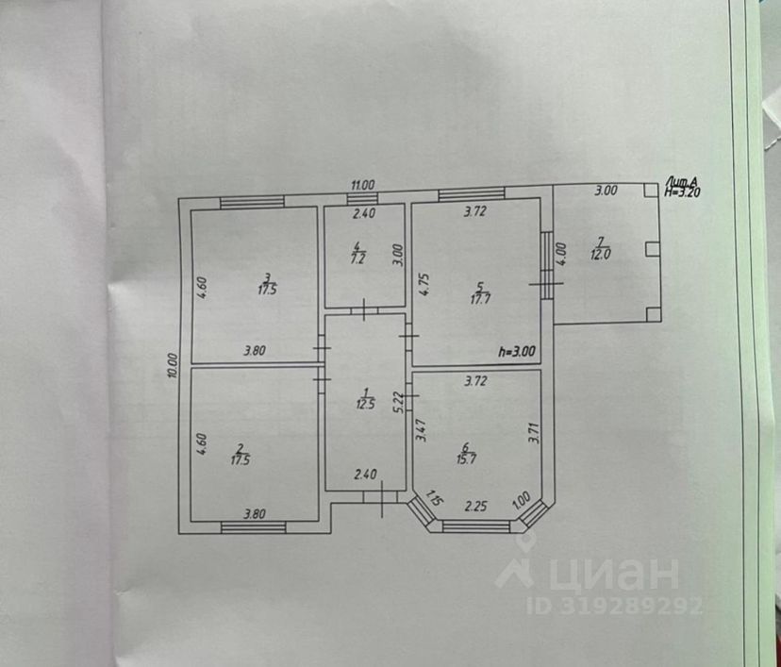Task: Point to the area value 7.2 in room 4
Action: (x=358, y=256)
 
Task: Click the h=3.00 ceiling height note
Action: (x=517, y=352)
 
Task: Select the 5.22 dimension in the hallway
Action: (x=399, y=403)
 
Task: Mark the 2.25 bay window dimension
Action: (x=474, y=506)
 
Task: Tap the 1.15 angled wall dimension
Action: (x=433, y=498)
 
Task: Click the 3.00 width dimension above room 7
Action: (x=606, y=190)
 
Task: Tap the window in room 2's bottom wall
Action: (x=253, y=525)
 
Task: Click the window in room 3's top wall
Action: (x=252, y=200)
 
